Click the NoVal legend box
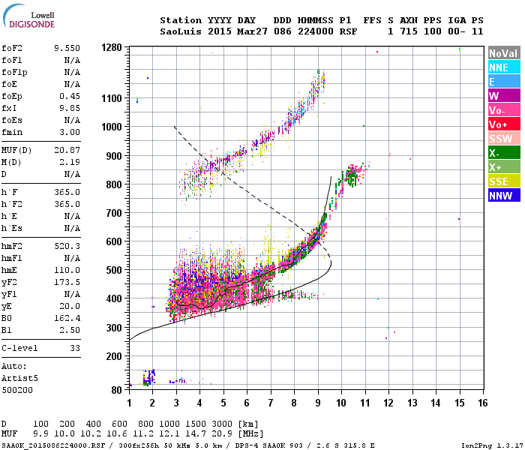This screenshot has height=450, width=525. (x=502, y=53)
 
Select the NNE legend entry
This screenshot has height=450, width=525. (x=502, y=67)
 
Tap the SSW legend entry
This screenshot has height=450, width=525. (x=502, y=139)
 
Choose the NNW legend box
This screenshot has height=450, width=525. (x=502, y=196)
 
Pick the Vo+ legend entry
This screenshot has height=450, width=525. (x=502, y=124)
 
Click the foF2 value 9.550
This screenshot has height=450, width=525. (x=67, y=47)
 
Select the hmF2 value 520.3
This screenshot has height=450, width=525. (x=67, y=246)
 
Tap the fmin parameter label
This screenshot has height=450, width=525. (x=13, y=132)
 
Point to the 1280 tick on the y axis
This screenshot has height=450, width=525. (x=112, y=48)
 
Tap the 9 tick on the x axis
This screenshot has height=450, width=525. (x=318, y=402)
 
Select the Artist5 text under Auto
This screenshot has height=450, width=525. (x=18, y=379)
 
